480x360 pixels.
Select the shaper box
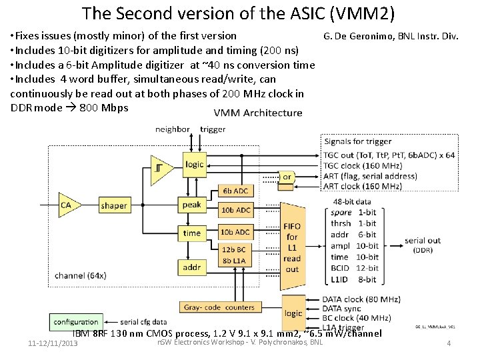coord(114,205)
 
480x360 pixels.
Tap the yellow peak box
coord(192,205)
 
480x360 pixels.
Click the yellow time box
coord(192,233)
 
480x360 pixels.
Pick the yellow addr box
coord(192,267)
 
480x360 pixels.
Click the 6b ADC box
coord(235,191)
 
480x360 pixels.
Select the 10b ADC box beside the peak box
coord(235,210)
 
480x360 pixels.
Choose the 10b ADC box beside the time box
coord(235,232)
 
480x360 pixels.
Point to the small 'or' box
coord(286,177)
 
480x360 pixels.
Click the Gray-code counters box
coord(219,307)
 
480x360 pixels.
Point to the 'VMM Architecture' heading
coord(258,113)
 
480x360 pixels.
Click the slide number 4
coord(449,343)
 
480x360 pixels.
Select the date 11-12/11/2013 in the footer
coord(53,343)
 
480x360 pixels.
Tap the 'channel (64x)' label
coord(80,275)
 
